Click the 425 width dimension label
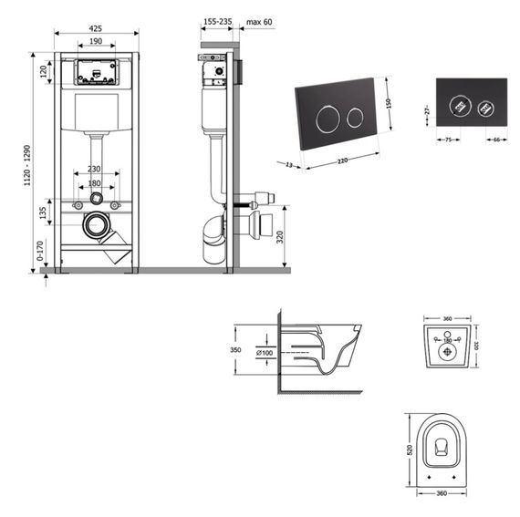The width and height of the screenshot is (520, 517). click(96, 27)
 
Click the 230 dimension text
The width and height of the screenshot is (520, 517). click(95, 168)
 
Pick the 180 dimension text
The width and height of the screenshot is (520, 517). click(95, 183)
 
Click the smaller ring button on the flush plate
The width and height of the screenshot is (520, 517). click(353, 118)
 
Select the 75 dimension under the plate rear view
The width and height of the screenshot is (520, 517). click(448, 140)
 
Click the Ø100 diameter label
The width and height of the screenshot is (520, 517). click(265, 353)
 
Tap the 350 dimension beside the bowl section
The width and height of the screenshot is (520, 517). click(236, 349)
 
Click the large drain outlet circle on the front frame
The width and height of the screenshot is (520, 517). click(95, 223)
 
